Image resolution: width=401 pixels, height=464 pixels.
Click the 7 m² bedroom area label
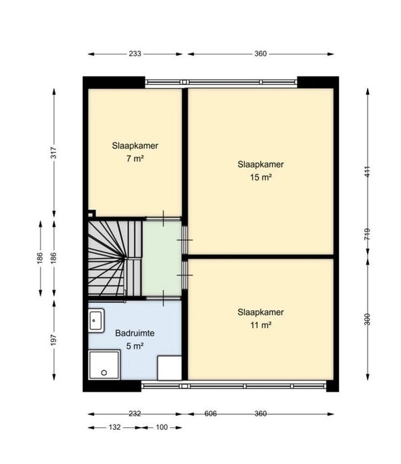pyautogui.click(x=135, y=158)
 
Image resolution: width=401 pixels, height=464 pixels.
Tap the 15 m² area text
pyautogui.click(x=261, y=177)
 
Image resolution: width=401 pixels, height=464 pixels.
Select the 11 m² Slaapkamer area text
pyautogui.click(x=261, y=325)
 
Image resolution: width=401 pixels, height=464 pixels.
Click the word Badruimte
pyautogui.click(x=135, y=333)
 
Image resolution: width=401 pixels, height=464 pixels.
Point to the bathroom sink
pyautogui.click(x=96, y=320)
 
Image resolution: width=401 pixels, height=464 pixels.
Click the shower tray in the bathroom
pyautogui.click(x=104, y=364)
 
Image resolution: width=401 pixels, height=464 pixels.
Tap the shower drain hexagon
pyautogui.click(x=104, y=372)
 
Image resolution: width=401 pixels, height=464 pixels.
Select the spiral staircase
pyautogui.click(x=115, y=257)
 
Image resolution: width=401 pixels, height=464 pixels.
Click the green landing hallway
pyautogui.click(x=162, y=258)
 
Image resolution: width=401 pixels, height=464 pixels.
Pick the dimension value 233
pyautogui.click(x=135, y=54)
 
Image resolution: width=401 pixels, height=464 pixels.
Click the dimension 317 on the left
pyautogui.click(x=53, y=152)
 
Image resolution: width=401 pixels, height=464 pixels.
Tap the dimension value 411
pyautogui.click(x=367, y=172)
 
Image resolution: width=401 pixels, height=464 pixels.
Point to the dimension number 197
pyautogui.click(x=53, y=340)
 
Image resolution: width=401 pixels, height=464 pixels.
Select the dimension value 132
pyautogui.click(x=115, y=427)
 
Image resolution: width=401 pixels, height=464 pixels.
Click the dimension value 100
pyautogui.click(x=162, y=427)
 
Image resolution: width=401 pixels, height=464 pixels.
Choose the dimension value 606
pyautogui.click(x=211, y=414)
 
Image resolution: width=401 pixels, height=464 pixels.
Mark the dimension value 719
pyautogui.click(x=367, y=235)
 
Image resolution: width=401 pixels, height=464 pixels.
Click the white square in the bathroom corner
pyautogui.click(x=170, y=368)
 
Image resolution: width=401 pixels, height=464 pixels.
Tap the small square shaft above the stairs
pyautogui.click(x=92, y=214)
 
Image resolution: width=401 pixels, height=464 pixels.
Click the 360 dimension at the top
pyautogui.click(x=261, y=54)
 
